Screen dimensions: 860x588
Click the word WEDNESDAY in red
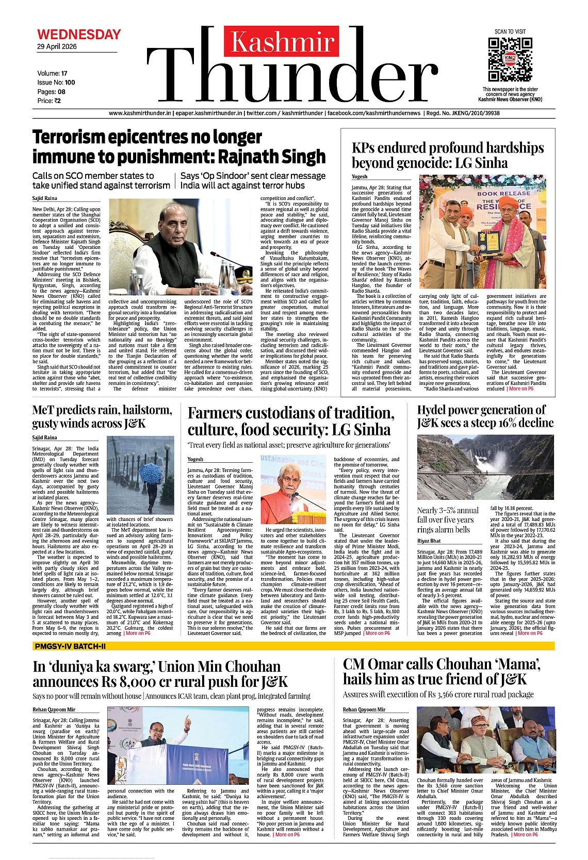[79, 35]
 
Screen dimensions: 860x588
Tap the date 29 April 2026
[57, 46]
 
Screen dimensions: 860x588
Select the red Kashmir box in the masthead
[282, 42]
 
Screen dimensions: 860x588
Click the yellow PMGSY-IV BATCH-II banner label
[70, 646]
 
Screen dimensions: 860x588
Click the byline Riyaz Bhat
[429, 541]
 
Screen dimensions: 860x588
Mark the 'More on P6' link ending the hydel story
[530, 633]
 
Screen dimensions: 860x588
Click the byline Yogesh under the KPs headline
[360, 177]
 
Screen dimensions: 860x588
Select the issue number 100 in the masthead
[70, 82]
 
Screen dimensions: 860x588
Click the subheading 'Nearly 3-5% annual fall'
[448, 511]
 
